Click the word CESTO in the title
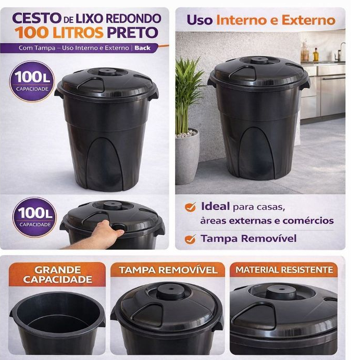click(37, 18)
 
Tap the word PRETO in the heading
click(132, 33)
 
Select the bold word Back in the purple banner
click(143, 48)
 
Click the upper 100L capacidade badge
click(32, 81)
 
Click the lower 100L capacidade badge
click(34, 217)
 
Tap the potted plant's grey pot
click(187, 157)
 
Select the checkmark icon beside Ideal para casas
click(190, 207)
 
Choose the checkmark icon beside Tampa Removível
click(190, 239)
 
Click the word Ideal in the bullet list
click(215, 206)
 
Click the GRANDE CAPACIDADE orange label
click(57, 275)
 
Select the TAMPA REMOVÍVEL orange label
click(168, 270)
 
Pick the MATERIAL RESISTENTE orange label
click(284, 269)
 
